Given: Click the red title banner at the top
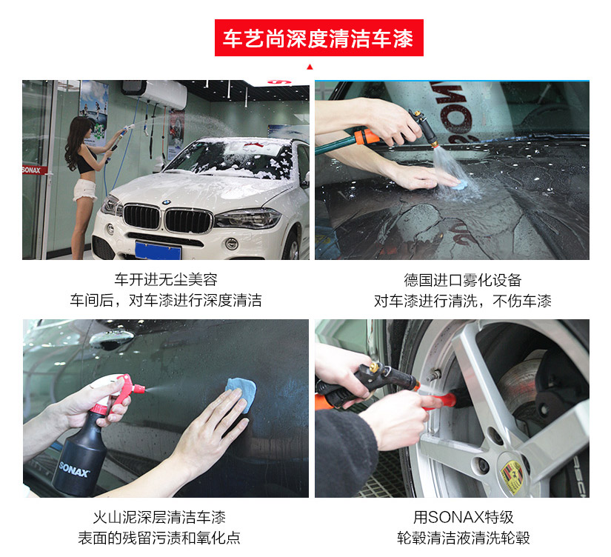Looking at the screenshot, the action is pyautogui.click(x=318, y=38).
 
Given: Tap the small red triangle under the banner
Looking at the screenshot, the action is pyautogui.click(x=310, y=67).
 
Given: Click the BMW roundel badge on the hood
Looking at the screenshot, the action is pyautogui.click(x=167, y=202).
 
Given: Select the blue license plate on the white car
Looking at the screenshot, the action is pyautogui.click(x=158, y=250).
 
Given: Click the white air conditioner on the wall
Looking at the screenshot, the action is pyautogui.click(x=155, y=93).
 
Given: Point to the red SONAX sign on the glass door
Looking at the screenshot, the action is pyautogui.click(x=34, y=170).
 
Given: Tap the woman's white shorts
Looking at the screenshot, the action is pyautogui.click(x=85, y=190).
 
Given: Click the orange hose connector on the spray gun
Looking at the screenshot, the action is pyautogui.click(x=366, y=137).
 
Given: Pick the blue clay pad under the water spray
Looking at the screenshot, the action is pyautogui.click(x=460, y=184).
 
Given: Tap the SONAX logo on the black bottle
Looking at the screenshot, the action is pyautogui.click(x=74, y=470).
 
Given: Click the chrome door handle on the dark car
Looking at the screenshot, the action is pyautogui.click(x=111, y=337).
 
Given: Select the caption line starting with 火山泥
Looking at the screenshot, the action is pyautogui.click(x=159, y=517).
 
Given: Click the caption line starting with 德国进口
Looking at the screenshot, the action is pyautogui.click(x=463, y=280).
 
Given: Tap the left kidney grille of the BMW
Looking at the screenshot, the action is pyautogui.click(x=142, y=217).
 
